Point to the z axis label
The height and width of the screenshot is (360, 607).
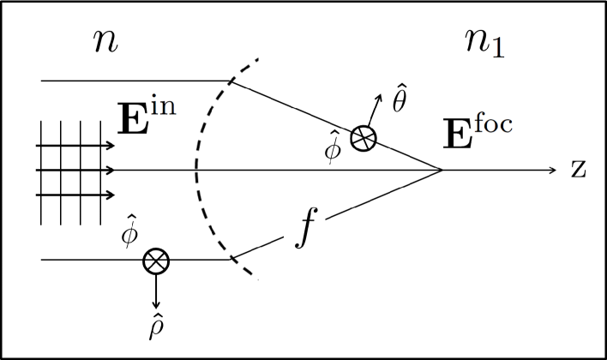click(578, 169)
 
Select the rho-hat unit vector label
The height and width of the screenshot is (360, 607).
click(155, 327)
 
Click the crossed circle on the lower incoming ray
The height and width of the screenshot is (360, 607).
click(156, 260)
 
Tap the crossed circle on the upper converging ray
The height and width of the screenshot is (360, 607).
click(363, 139)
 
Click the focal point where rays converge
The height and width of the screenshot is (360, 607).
click(442, 170)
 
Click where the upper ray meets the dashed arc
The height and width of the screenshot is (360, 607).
click(232, 81)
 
